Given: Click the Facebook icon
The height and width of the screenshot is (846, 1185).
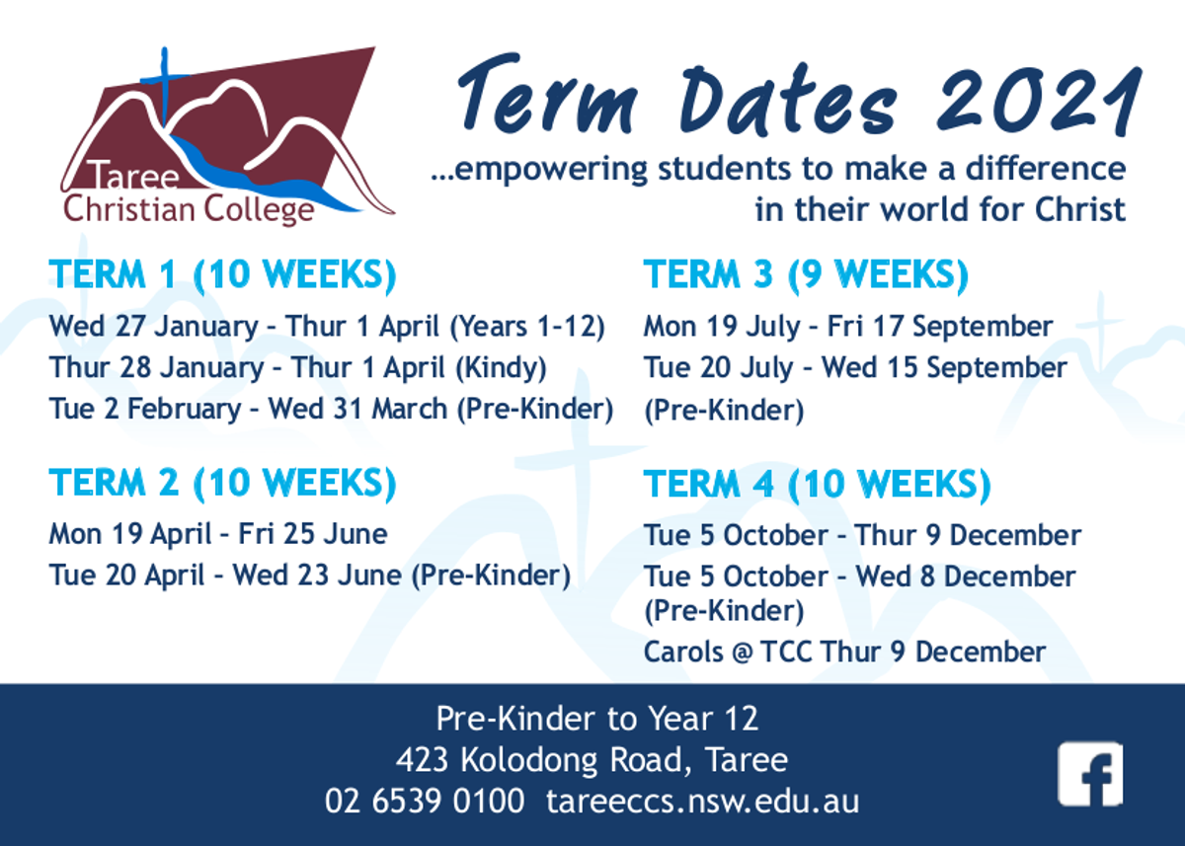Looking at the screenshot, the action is click(1090, 775).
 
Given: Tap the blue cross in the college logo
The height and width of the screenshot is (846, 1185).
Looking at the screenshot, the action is click(165, 86).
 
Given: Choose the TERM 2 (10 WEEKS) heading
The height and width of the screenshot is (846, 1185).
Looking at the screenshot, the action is click(223, 484).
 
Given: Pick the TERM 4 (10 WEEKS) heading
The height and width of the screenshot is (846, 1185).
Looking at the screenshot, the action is click(818, 485).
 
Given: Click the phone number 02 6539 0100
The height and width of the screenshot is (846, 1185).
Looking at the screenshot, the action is click(425, 801).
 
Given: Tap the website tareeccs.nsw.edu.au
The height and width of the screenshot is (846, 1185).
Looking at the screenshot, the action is click(703, 802).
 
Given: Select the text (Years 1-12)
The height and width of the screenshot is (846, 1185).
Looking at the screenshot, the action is click(527, 327).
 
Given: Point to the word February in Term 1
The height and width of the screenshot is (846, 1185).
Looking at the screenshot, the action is click(184, 410).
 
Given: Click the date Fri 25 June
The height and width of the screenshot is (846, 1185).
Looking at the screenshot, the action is click(313, 534).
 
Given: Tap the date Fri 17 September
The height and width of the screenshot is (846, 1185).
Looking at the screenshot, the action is click(940, 327).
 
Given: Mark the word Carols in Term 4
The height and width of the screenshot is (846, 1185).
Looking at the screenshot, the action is click(683, 652).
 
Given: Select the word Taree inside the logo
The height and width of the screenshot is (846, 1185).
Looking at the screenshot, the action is click(135, 175).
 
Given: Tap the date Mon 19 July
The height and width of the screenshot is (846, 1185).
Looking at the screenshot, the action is click(722, 327).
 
